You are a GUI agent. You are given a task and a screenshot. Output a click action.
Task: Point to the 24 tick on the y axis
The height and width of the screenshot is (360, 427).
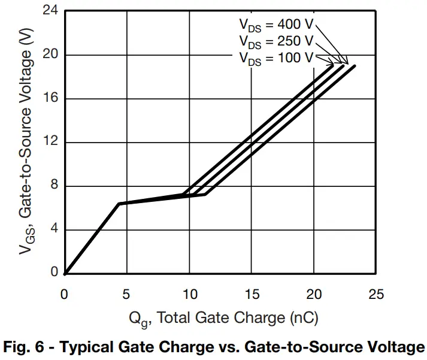coord(51,11)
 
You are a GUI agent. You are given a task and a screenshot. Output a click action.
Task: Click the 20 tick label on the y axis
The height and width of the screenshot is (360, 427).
coord(51,55)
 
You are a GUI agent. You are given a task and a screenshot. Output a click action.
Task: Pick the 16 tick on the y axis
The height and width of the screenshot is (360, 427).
coord(51,99)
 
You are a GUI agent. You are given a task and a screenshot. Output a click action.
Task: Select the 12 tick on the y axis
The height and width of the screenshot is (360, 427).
coord(51,143)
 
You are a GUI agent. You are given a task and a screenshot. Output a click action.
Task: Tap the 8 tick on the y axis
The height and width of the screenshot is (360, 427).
coord(54,186)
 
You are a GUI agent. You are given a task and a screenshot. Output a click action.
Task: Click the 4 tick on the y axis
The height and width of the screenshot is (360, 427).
coord(54,230)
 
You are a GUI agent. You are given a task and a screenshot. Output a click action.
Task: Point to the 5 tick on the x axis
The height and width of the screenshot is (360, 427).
coord(127,294)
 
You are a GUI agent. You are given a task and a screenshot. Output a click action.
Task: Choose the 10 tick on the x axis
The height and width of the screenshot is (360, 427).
coord(189,294)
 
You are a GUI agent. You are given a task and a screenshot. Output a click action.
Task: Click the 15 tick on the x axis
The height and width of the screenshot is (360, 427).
coord(252,294)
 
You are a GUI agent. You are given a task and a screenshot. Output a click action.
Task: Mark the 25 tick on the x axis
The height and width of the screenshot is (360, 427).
coord(376,294)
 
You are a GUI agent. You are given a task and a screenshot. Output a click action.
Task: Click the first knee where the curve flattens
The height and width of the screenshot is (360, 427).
coord(119,204)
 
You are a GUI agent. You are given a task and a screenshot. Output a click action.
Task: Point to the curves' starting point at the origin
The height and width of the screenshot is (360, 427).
coord(65,274)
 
